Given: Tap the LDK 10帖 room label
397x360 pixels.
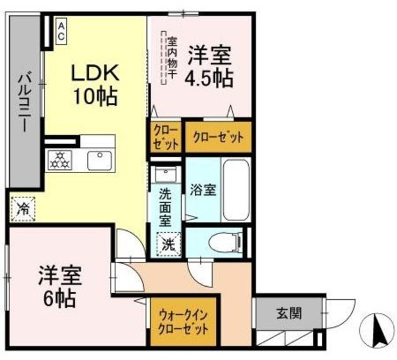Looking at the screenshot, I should point(94,84).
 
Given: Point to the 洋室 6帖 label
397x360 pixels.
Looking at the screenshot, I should point(60,286).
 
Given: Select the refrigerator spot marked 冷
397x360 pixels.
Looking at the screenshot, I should point(24,208).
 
